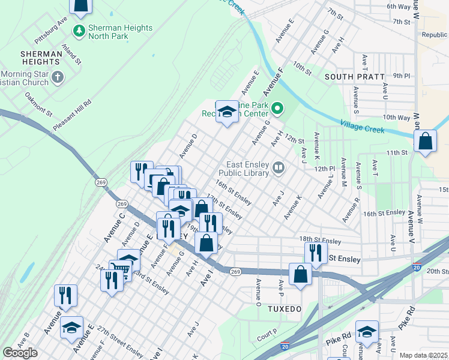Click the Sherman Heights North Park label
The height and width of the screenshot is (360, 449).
[x=120, y=32]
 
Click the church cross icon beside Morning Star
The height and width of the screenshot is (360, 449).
[x=58, y=77]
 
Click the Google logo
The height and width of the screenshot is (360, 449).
[x=20, y=353]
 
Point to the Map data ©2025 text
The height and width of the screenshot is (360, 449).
[x=423, y=355]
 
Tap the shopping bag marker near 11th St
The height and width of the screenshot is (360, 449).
[x=425, y=142]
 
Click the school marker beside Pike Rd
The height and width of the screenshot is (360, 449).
[x=367, y=332]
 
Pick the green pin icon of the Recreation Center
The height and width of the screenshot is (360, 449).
[x=277, y=109]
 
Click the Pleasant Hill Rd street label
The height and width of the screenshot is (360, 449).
[x=72, y=112]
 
